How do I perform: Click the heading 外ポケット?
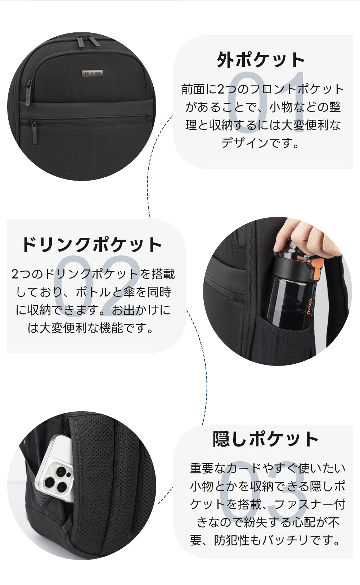click(261, 60)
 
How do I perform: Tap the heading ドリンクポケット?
click(92, 245)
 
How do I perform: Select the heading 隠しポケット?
click(265, 439)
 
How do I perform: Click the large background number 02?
click(97, 286)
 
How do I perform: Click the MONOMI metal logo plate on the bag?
click(92, 73)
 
